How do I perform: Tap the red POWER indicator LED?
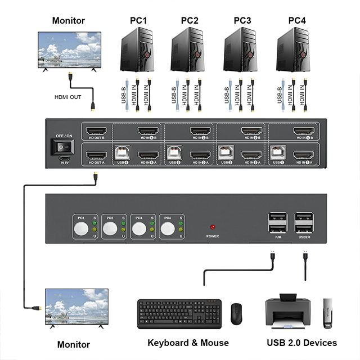tap(212, 227)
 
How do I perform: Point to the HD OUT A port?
tap(95, 155)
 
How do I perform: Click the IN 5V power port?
tap(62, 158)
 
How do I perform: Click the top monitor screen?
tap(69, 49)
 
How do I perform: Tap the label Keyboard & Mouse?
tap(188, 343)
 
